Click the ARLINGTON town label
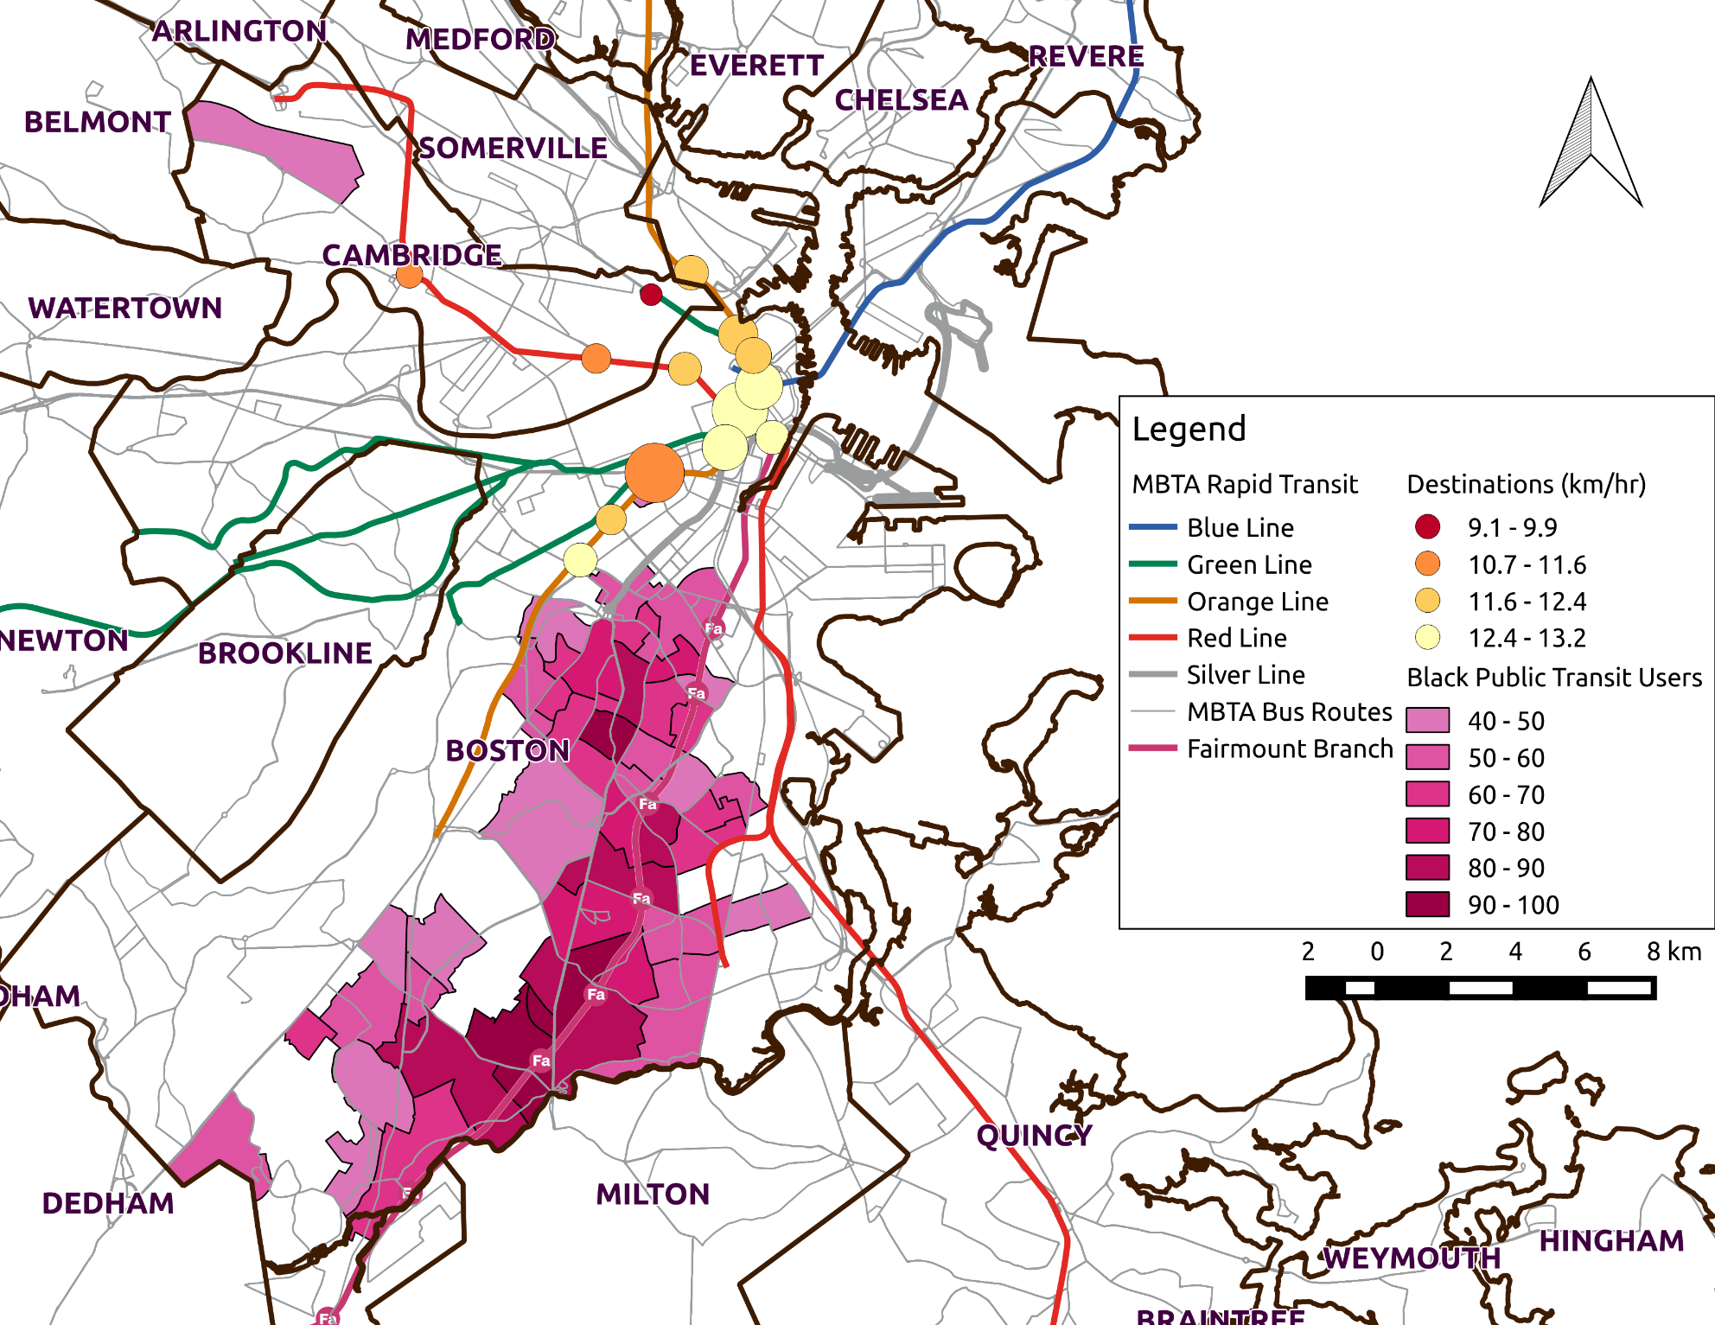click(239, 31)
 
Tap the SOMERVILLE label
click(513, 148)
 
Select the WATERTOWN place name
click(125, 308)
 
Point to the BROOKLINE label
click(285, 653)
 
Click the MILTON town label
click(653, 1194)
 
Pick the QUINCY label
click(1034, 1135)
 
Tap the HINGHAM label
click(1611, 1240)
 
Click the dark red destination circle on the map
click(651, 295)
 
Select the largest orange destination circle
click(654, 473)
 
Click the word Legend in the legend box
click(1189, 429)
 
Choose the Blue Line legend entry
click(1240, 527)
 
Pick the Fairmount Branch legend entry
click(1289, 748)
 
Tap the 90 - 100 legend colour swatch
click(1427, 905)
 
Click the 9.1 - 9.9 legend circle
click(1428, 526)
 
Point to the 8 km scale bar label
click(1673, 952)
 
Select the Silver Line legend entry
click(1245, 674)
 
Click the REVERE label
click(1086, 56)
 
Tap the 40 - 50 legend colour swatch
click(1427, 720)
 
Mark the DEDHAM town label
click(108, 1202)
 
